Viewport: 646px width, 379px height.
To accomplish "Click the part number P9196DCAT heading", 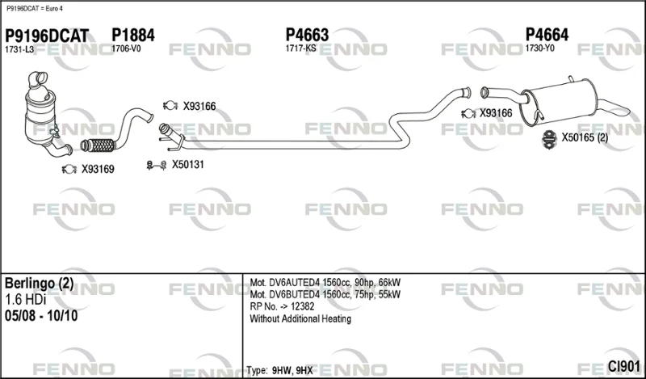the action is coord(47,36).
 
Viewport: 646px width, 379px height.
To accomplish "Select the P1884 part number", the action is coord(133,36).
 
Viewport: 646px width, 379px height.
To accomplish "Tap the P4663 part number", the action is coord(308,36).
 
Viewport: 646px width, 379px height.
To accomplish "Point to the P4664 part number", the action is coord(547,35).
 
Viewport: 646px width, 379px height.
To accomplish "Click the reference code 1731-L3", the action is coord(19,49).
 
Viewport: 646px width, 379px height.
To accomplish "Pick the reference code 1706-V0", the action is coord(126,48).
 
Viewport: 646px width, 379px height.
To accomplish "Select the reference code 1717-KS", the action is coord(300,48).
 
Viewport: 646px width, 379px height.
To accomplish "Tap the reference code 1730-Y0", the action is coord(539,48).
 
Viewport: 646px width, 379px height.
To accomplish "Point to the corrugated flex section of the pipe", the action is coord(99,145).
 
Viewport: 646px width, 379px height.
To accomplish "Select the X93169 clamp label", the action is coord(98,170).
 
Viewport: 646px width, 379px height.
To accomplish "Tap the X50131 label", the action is coord(188,165).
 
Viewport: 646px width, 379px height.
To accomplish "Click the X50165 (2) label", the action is coord(585,137).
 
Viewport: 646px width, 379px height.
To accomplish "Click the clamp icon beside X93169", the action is coord(69,170).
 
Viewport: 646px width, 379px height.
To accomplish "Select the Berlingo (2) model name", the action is coord(39,284).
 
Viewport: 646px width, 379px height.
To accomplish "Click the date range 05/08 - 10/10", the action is coord(41,316).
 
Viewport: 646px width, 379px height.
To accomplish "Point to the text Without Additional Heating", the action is coord(300,318).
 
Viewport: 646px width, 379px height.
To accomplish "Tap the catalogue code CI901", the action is coord(624,366).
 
